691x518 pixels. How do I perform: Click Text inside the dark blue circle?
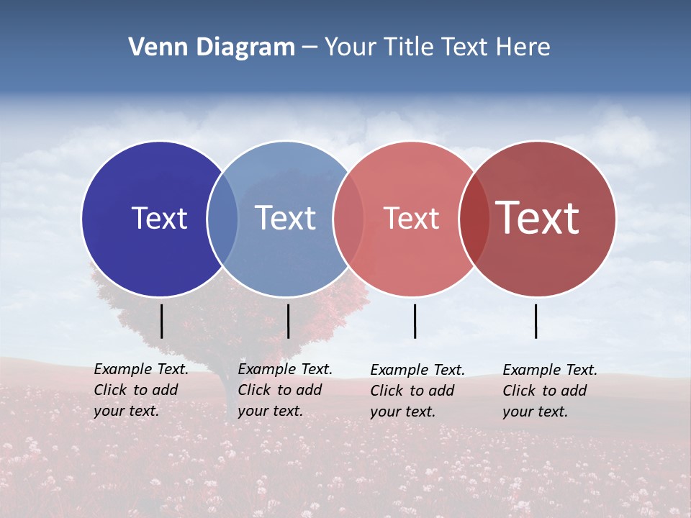pos(159,218)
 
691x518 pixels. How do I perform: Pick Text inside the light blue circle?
pos(285,218)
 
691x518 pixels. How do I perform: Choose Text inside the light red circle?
pos(411,218)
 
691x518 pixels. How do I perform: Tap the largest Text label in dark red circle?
pos(537,218)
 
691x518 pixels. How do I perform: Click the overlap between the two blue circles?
pos(222,218)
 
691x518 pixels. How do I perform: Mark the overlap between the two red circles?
pos(474,218)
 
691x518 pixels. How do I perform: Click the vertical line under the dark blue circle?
pos(161,321)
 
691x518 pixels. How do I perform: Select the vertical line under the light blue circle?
pos(288,321)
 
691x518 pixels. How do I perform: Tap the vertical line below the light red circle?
pos(415,321)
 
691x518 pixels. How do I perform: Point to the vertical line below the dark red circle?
pos(536,321)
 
